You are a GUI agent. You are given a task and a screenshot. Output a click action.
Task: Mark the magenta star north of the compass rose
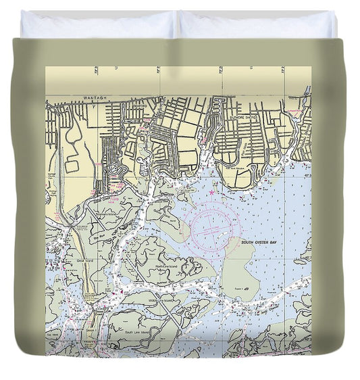pyautogui.click(x=211, y=193)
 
